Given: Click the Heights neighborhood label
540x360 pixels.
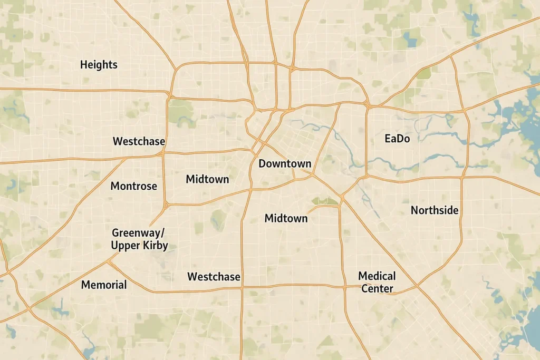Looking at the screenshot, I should [x=99, y=65].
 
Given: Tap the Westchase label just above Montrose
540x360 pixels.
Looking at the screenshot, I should [x=139, y=142].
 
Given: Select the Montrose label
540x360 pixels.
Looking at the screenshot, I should [x=133, y=186].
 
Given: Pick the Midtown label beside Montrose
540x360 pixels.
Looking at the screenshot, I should [x=207, y=179].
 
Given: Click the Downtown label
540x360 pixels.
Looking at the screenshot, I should [x=285, y=164].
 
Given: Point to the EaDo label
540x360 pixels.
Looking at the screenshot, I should [x=398, y=139].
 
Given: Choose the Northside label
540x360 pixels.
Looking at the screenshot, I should [x=435, y=210].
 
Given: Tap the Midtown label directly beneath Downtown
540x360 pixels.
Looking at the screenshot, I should [x=286, y=218].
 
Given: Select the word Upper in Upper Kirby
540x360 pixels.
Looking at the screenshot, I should [x=126, y=246].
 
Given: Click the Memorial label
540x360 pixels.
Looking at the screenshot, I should [x=104, y=285].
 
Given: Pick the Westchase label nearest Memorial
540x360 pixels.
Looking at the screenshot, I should [x=214, y=277].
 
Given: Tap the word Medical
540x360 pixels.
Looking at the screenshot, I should [x=377, y=276].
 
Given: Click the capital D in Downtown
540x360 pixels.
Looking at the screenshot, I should [x=262, y=164].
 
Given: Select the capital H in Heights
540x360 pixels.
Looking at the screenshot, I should [x=83, y=65].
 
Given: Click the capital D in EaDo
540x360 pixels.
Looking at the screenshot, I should [x=400, y=139].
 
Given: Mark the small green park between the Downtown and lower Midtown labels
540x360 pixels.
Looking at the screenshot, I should [x=325, y=201].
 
